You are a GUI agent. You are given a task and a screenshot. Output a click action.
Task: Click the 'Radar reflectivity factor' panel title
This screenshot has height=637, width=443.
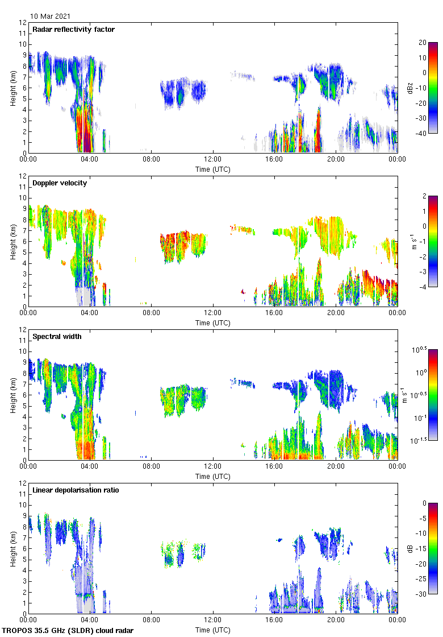pos(74,30)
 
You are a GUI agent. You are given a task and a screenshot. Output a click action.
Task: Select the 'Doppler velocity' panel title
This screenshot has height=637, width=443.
pos(60,183)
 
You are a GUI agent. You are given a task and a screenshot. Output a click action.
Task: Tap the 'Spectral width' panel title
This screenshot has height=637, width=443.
pos(57,337)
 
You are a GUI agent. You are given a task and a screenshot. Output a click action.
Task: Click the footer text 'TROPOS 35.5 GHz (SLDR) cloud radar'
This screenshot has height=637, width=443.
pos(68,631)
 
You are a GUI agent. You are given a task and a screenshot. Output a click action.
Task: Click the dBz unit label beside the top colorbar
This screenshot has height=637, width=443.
pos(410,88)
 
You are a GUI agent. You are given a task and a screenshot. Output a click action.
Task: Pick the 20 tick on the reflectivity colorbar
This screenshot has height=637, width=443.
pos(423,43)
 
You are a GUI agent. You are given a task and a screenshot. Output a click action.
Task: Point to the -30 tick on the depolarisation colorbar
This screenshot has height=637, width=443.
pos(424,594)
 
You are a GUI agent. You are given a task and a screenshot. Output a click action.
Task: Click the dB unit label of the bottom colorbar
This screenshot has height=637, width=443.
pos(410,548)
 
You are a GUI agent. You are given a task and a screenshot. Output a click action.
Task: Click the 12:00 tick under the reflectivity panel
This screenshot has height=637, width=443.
pos(213,160)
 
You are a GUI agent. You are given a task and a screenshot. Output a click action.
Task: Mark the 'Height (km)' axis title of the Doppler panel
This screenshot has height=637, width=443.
pos(13,241)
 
